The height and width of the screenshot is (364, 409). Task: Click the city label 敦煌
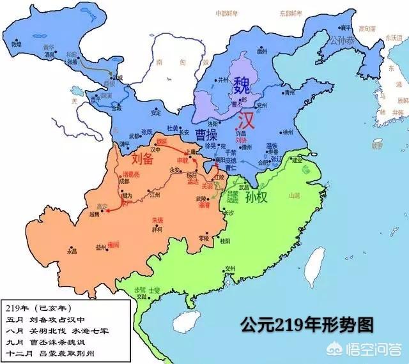point(17,44)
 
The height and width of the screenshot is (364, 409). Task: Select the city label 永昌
point(72,251)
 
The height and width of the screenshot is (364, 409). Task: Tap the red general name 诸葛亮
point(122,173)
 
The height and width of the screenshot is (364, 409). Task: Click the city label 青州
point(289,91)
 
